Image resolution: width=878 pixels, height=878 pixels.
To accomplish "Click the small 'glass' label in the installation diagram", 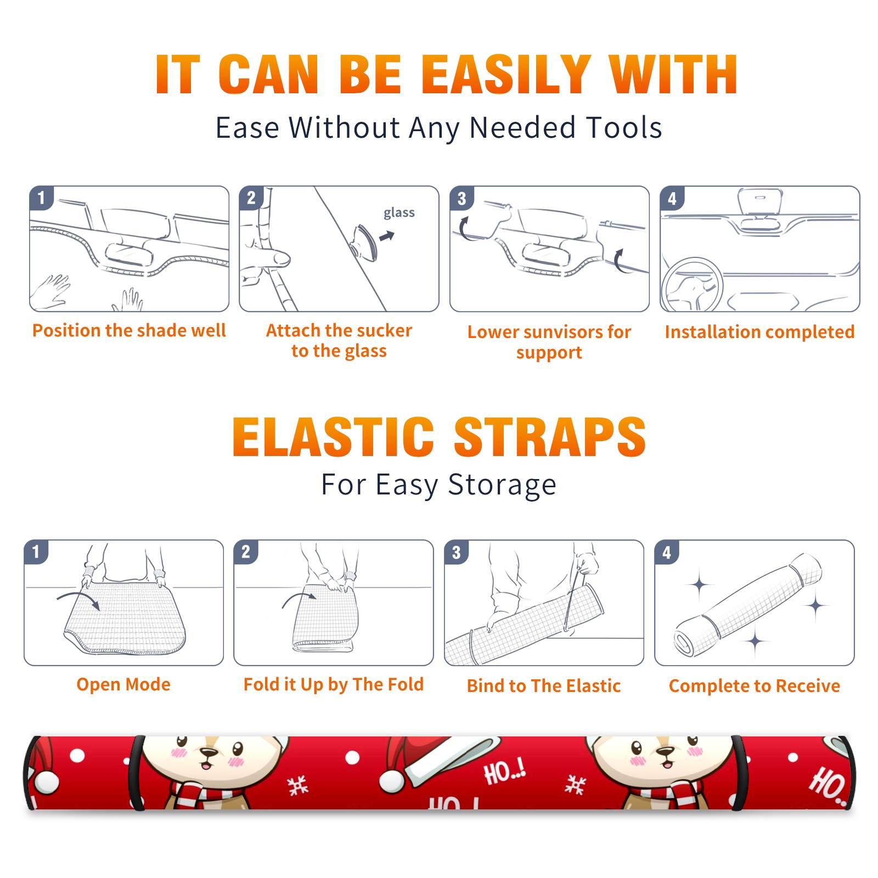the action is tap(399, 212).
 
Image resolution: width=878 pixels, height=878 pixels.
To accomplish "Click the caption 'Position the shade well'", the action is tap(129, 330).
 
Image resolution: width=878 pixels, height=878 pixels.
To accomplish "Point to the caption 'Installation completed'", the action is tap(759, 332).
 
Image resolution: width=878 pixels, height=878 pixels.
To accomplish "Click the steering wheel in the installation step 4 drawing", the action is tap(691, 285).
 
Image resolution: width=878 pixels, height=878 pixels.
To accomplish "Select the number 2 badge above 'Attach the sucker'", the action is tap(251, 198).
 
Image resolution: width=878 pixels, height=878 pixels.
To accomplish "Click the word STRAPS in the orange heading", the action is tap(550, 437).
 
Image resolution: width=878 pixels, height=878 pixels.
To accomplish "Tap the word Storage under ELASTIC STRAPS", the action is tap(502, 486).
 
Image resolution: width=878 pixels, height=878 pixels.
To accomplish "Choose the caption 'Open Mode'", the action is tap(123, 684).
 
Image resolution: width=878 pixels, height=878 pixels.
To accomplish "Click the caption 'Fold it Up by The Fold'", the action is tap(334, 685).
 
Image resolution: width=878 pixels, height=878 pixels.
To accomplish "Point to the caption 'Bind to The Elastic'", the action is tap(544, 686).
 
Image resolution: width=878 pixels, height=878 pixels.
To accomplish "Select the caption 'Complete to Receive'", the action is tap(755, 686).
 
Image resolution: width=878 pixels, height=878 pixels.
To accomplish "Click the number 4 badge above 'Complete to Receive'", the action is tap(667, 552).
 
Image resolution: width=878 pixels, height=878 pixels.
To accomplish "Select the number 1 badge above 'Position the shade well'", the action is tap(41, 198).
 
